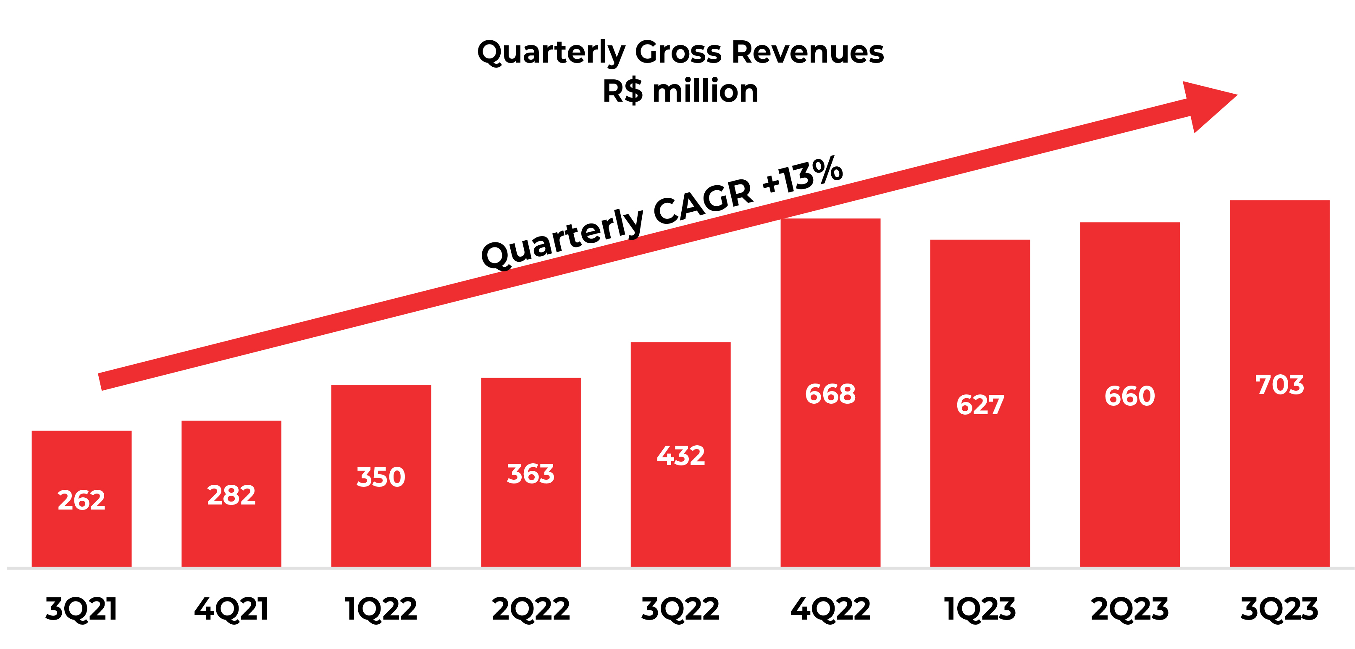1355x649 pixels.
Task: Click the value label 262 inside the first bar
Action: click(81, 499)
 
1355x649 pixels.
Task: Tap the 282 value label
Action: click(231, 495)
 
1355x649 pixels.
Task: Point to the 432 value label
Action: click(681, 455)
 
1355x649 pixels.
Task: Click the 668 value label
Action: click(830, 394)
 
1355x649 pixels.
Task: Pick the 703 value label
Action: click(1280, 384)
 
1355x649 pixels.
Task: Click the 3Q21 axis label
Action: click(81, 609)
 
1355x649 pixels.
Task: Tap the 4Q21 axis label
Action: click(231, 609)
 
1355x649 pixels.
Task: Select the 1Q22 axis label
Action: click(381, 609)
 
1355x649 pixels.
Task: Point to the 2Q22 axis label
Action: click(531, 609)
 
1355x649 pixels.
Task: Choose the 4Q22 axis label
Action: click(830, 609)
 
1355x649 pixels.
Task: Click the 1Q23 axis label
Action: click(980, 609)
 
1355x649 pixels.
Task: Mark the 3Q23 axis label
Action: click(1280, 609)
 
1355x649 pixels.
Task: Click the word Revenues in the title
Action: click(808, 52)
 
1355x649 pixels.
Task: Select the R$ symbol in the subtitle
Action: click(623, 92)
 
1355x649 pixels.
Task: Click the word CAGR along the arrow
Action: click(703, 202)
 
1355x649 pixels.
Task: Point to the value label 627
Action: click(980, 405)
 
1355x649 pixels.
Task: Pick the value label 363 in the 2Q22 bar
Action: click(531, 474)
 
